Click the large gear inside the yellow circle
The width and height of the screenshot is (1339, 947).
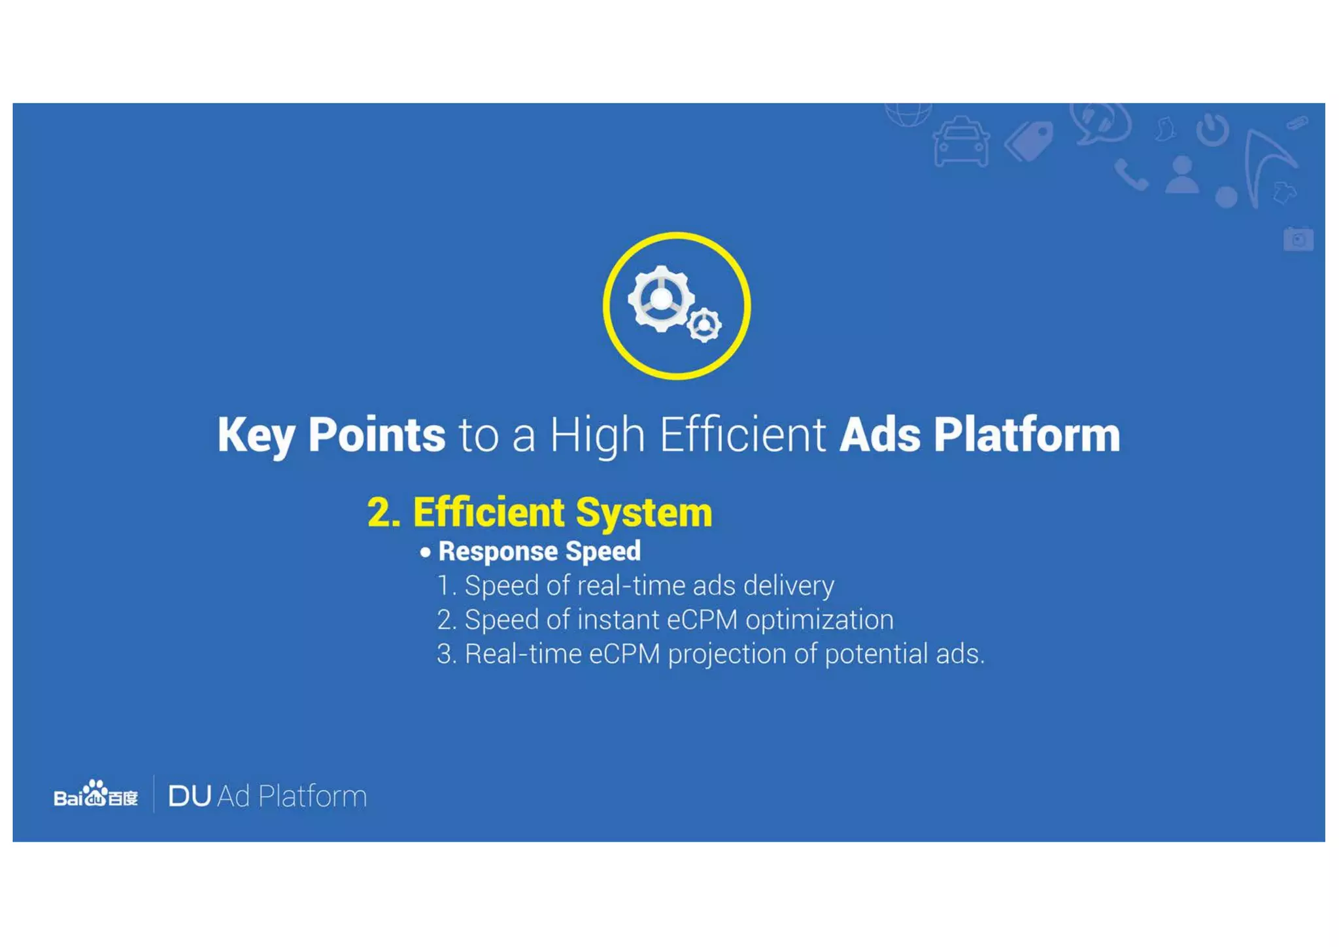tap(660, 299)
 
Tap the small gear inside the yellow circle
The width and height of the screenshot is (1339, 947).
tap(704, 324)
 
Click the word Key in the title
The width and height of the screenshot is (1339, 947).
tap(256, 435)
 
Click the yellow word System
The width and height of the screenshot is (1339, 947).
tap(644, 512)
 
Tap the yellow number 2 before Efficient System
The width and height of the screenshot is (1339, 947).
tap(383, 512)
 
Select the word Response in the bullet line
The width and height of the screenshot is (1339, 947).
tap(498, 551)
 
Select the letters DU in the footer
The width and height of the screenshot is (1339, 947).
tap(190, 797)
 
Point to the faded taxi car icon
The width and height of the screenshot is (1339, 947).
tap(960, 142)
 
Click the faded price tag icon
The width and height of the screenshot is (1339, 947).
tap(1030, 141)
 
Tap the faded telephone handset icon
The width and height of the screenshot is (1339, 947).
tap(1131, 175)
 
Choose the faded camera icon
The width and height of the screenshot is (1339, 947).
tap(1298, 239)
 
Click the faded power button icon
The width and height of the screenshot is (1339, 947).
tap(1213, 129)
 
